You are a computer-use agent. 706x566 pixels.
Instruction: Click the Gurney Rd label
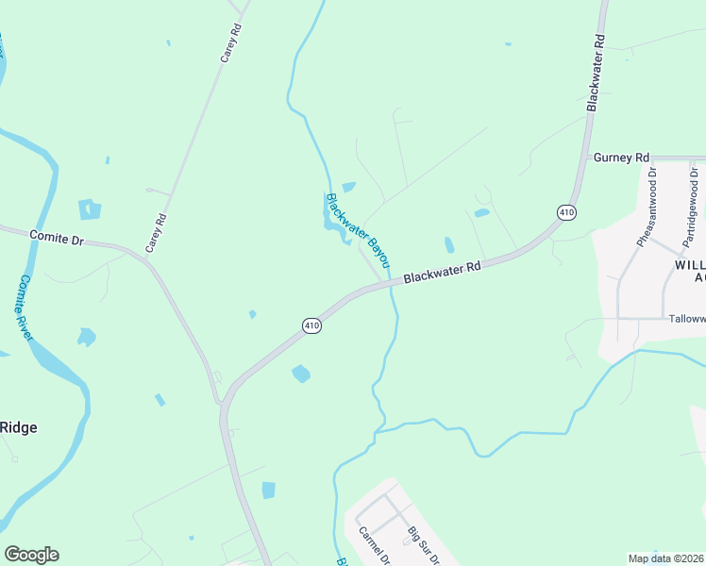point(622,157)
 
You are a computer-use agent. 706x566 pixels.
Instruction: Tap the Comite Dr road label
point(57,238)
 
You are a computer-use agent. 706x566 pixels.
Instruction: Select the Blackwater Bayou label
point(358,229)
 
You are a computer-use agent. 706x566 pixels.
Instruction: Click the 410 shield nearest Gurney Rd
point(565,213)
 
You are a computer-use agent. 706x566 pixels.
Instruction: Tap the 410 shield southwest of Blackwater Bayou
point(311,325)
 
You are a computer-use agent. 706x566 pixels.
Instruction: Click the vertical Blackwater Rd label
point(595,75)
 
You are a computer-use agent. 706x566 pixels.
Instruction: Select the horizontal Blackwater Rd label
point(443,273)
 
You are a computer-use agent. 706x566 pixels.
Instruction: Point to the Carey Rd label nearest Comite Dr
point(156,233)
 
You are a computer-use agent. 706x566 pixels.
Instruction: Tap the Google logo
point(31,555)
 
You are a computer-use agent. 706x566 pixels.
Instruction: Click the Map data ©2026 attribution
point(665,558)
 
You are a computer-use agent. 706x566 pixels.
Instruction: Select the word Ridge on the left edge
point(18,427)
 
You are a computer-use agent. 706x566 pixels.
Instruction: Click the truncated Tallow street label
point(685,319)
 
